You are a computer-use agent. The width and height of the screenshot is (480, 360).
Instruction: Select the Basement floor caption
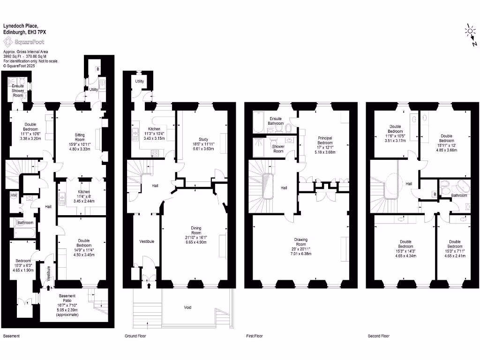pyautogui.click(x=12, y=336)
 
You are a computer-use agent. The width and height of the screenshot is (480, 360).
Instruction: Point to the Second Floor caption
pyautogui.click(x=378, y=336)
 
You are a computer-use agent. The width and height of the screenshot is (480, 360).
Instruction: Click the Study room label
pyautogui.click(x=203, y=139)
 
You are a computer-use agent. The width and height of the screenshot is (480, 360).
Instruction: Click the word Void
pyautogui.click(x=187, y=307)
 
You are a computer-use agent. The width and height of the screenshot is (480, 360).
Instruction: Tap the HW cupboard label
pyautogui.click(x=14, y=195)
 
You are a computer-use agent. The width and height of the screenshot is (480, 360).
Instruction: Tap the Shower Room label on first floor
pyautogui.click(x=278, y=149)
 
